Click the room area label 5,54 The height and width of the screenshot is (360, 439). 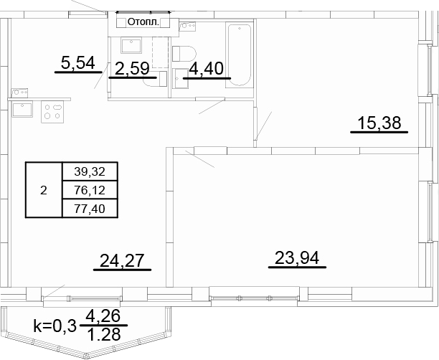tap(78, 62)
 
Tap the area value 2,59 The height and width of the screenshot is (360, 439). tap(132, 68)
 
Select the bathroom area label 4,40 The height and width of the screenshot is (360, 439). tap(207, 68)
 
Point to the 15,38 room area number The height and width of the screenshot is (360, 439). tap(379, 123)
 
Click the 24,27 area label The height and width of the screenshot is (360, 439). tap(122, 260)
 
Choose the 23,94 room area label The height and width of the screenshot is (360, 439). tap(297, 258)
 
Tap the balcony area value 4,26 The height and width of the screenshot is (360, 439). tap(103, 316)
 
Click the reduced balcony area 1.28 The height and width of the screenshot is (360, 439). tap(104, 334)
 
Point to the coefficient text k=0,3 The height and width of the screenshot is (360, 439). tap(55, 326)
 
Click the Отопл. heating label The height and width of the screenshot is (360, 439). tap(143, 22)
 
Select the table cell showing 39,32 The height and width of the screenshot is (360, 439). tap(90, 171)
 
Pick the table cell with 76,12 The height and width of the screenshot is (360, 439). tap(90, 190)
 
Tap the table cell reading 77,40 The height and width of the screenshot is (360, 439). tap(90, 209)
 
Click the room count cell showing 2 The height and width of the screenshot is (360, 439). tap(44, 190)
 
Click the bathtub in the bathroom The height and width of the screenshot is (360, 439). tap(239, 56)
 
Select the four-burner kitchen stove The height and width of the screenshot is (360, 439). tap(52, 112)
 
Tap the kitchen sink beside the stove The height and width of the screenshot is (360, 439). tap(22, 109)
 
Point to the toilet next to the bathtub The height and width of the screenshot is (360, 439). tap(184, 54)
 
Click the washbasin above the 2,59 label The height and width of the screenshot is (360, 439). tap(131, 45)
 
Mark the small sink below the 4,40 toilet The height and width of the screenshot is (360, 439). tap(181, 79)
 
